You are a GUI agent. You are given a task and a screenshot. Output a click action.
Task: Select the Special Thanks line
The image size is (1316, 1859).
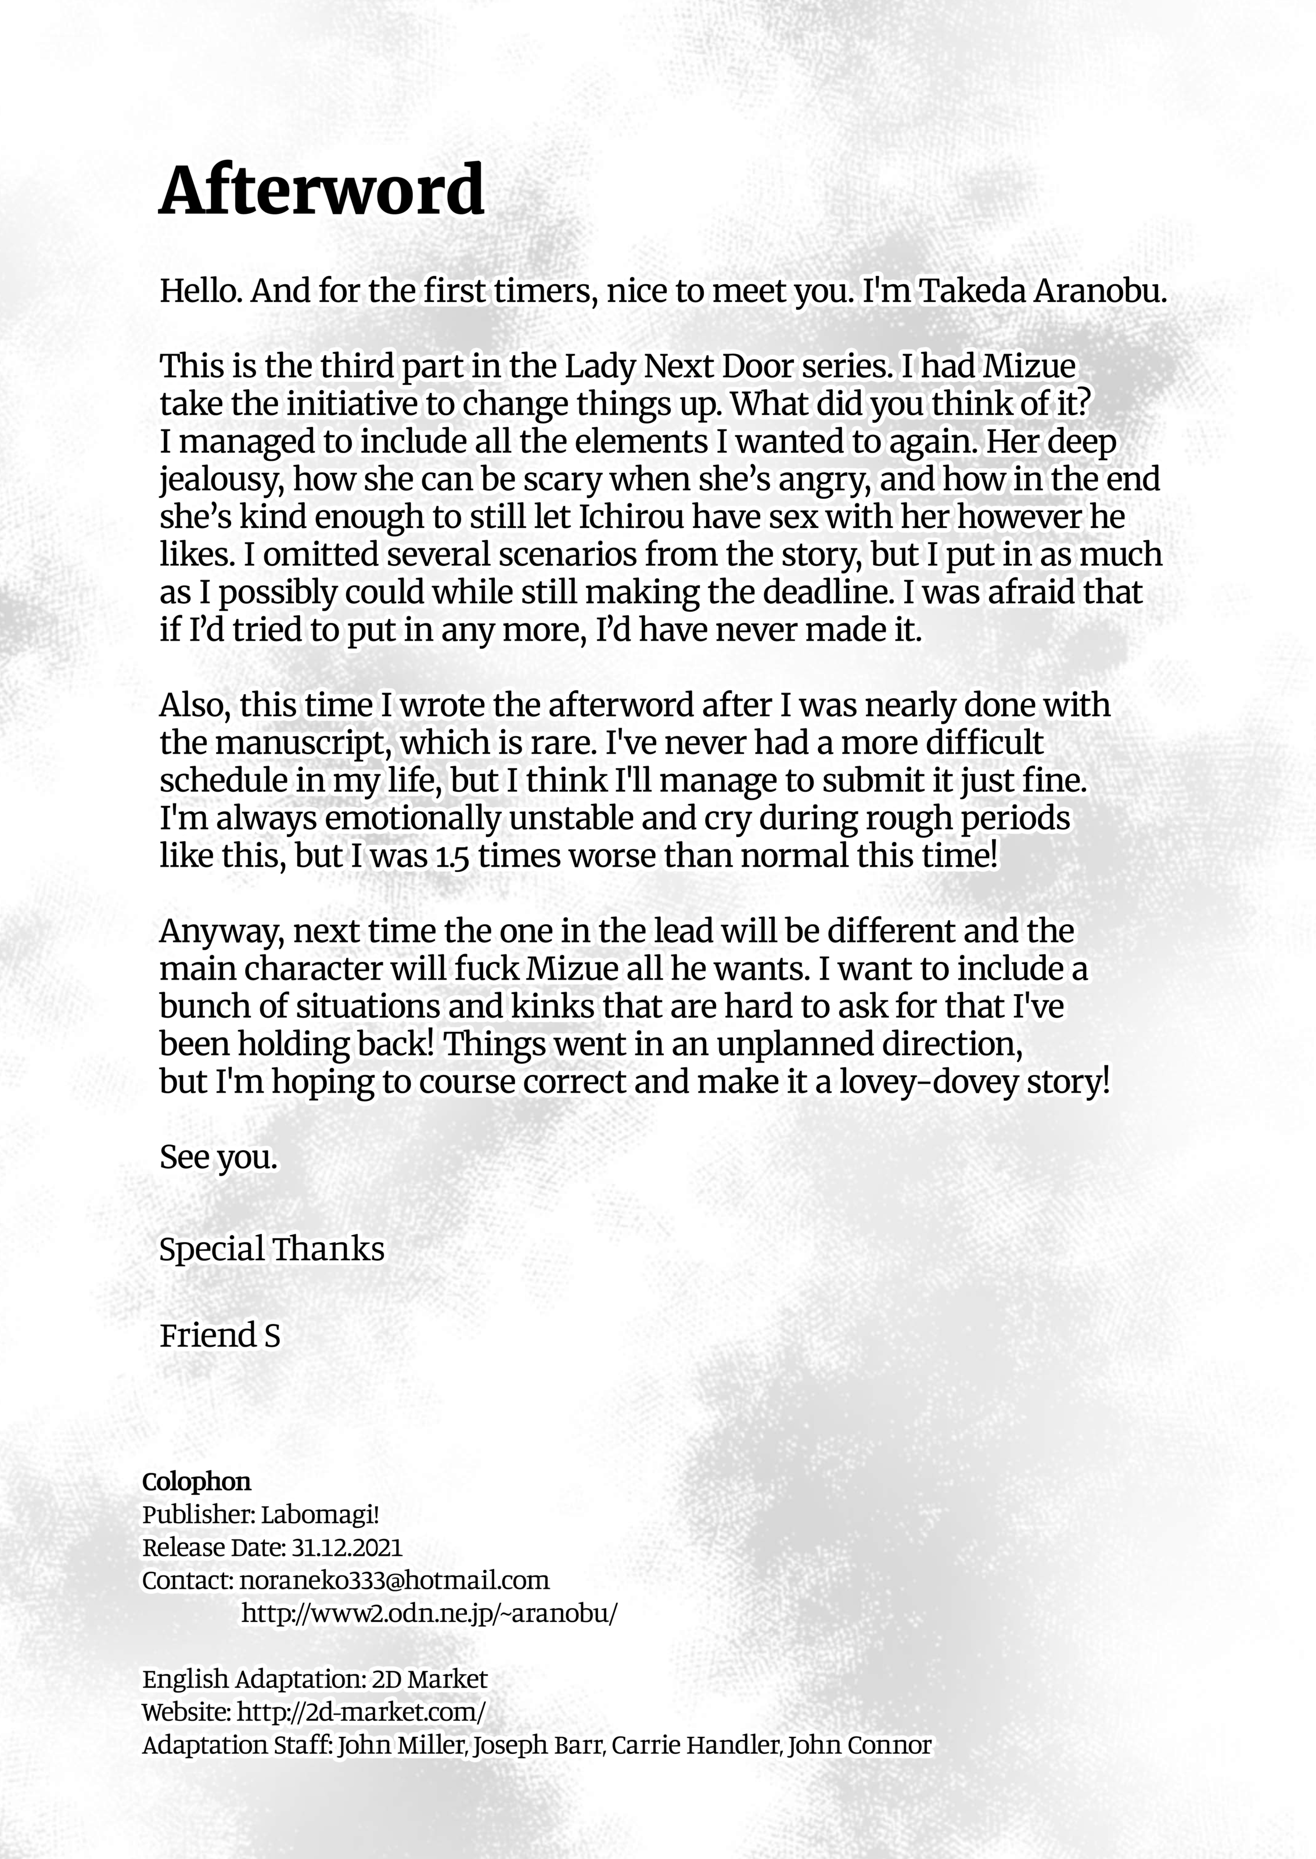(271, 1249)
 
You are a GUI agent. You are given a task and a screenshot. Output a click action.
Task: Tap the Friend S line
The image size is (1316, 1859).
(220, 1336)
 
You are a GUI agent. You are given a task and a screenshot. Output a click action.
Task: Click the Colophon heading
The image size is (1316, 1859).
(196, 1481)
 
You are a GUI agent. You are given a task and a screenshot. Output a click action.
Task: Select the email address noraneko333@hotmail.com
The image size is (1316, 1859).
(394, 1580)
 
